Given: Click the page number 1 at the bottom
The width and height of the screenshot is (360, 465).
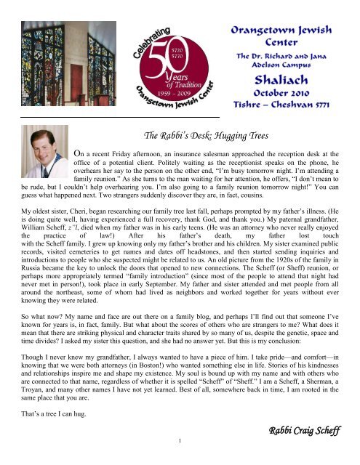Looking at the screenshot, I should [x=180, y=457].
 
